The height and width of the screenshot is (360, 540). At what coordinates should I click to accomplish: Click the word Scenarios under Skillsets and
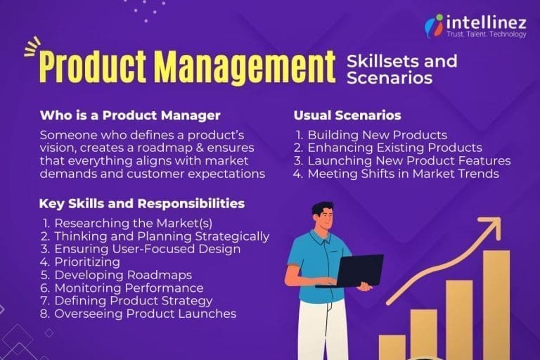pyautogui.click(x=389, y=78)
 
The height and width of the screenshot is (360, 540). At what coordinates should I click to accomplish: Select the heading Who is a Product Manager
pyautogui.click(x=130, y=115)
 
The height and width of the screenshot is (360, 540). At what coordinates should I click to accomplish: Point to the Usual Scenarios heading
pyautogui.click(x=347, y=115)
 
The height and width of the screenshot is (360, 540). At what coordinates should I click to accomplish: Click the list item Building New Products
pyautogui.click(x=377, y=135)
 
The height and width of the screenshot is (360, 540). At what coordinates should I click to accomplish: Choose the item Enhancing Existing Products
pyautogui.click(x=394, y=148)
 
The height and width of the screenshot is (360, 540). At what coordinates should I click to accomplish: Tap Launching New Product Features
pyautogui.click(x=409, y=160)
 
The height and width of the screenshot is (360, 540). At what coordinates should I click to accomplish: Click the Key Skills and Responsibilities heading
pyautogui.click(x=142, y=204)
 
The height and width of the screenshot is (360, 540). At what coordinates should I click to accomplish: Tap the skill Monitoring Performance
pyautogui.click(x=129, y=288)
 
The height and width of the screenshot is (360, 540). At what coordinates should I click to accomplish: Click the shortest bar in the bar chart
pyautogui.click(x=392, y=347)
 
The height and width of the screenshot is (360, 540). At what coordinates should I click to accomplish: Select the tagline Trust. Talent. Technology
pyautogui.click(x=487, y=34)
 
